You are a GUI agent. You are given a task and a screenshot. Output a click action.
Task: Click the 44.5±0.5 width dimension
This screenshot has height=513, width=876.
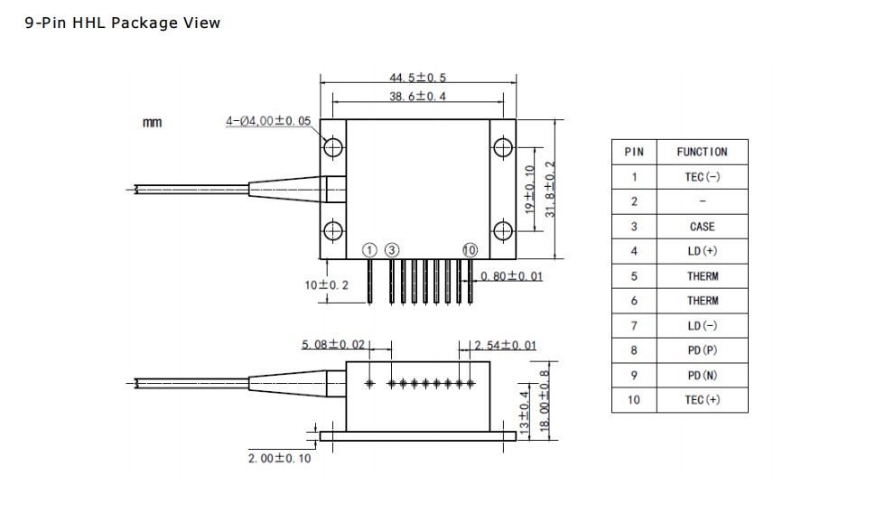coord(417,79)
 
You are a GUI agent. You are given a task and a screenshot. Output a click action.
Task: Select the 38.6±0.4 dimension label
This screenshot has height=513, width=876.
coord(417,97)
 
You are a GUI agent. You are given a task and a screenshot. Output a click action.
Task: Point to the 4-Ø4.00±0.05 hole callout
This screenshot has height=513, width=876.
coord(268,121)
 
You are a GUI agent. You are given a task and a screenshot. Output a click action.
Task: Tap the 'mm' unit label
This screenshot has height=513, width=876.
coord(153,123)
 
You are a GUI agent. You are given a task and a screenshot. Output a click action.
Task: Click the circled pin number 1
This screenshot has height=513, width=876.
coord(370,250)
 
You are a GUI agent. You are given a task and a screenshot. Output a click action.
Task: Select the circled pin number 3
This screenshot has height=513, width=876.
coord(393,250)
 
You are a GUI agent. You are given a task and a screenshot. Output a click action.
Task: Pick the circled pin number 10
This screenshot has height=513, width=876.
coord(470,250)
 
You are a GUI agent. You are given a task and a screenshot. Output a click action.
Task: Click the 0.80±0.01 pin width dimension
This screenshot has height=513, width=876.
coord(512,276)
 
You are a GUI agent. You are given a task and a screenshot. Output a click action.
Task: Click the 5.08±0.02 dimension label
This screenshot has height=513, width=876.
coord(333,345)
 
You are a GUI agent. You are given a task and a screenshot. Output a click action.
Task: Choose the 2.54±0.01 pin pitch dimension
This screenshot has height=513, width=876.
coord(505,345)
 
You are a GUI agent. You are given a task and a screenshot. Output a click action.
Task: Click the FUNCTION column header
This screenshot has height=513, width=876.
coord(702,152)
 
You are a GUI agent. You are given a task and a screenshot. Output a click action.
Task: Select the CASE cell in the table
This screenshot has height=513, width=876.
coord(702,227)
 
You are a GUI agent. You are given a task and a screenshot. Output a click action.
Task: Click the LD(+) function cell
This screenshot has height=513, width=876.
coord(702,251)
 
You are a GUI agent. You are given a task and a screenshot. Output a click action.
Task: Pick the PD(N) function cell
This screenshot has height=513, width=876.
coord(702,375)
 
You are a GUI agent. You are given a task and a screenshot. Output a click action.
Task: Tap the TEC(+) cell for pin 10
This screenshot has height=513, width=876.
coord(702,400)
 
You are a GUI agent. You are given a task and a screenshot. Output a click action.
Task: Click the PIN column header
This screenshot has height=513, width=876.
coord(634,152)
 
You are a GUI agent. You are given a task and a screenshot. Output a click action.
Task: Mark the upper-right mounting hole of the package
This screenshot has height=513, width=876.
coord(502,147)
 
